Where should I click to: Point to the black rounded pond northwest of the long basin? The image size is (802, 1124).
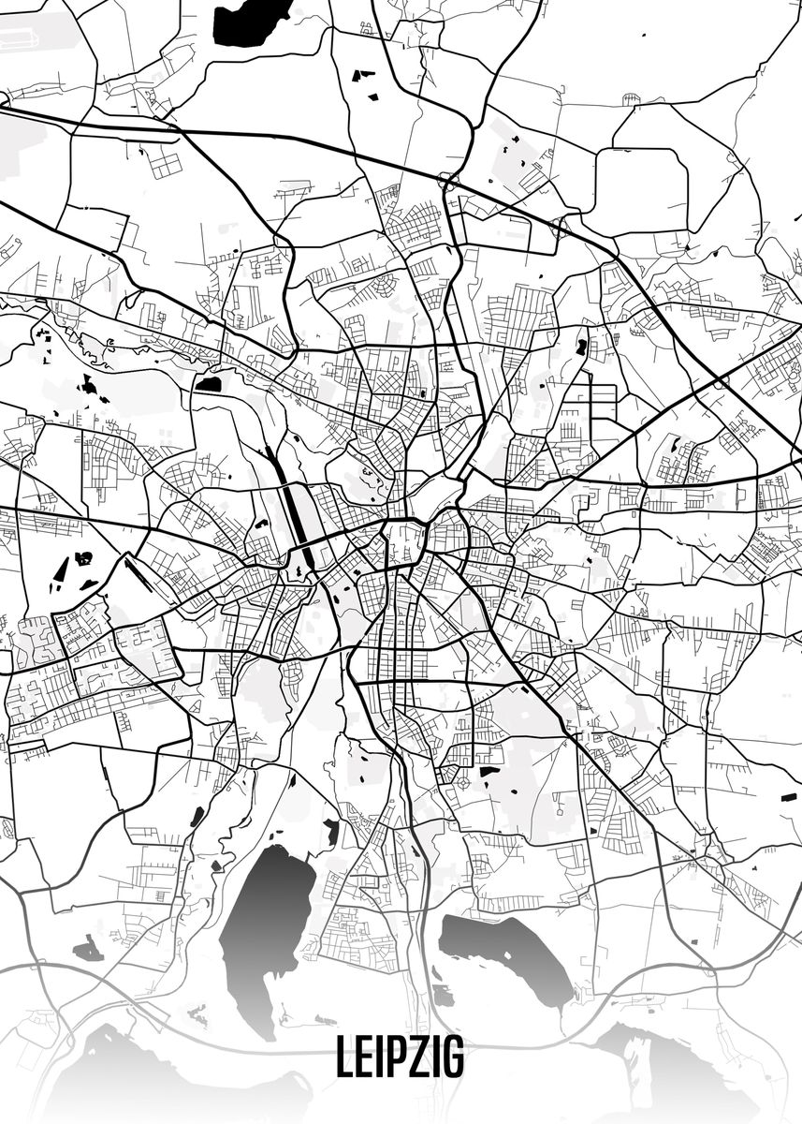coord(208,383)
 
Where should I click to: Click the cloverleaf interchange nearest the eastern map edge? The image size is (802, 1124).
coord(719,382)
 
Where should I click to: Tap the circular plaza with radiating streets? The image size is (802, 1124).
coord(462,780)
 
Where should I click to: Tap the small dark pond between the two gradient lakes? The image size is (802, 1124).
coord(442,996)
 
